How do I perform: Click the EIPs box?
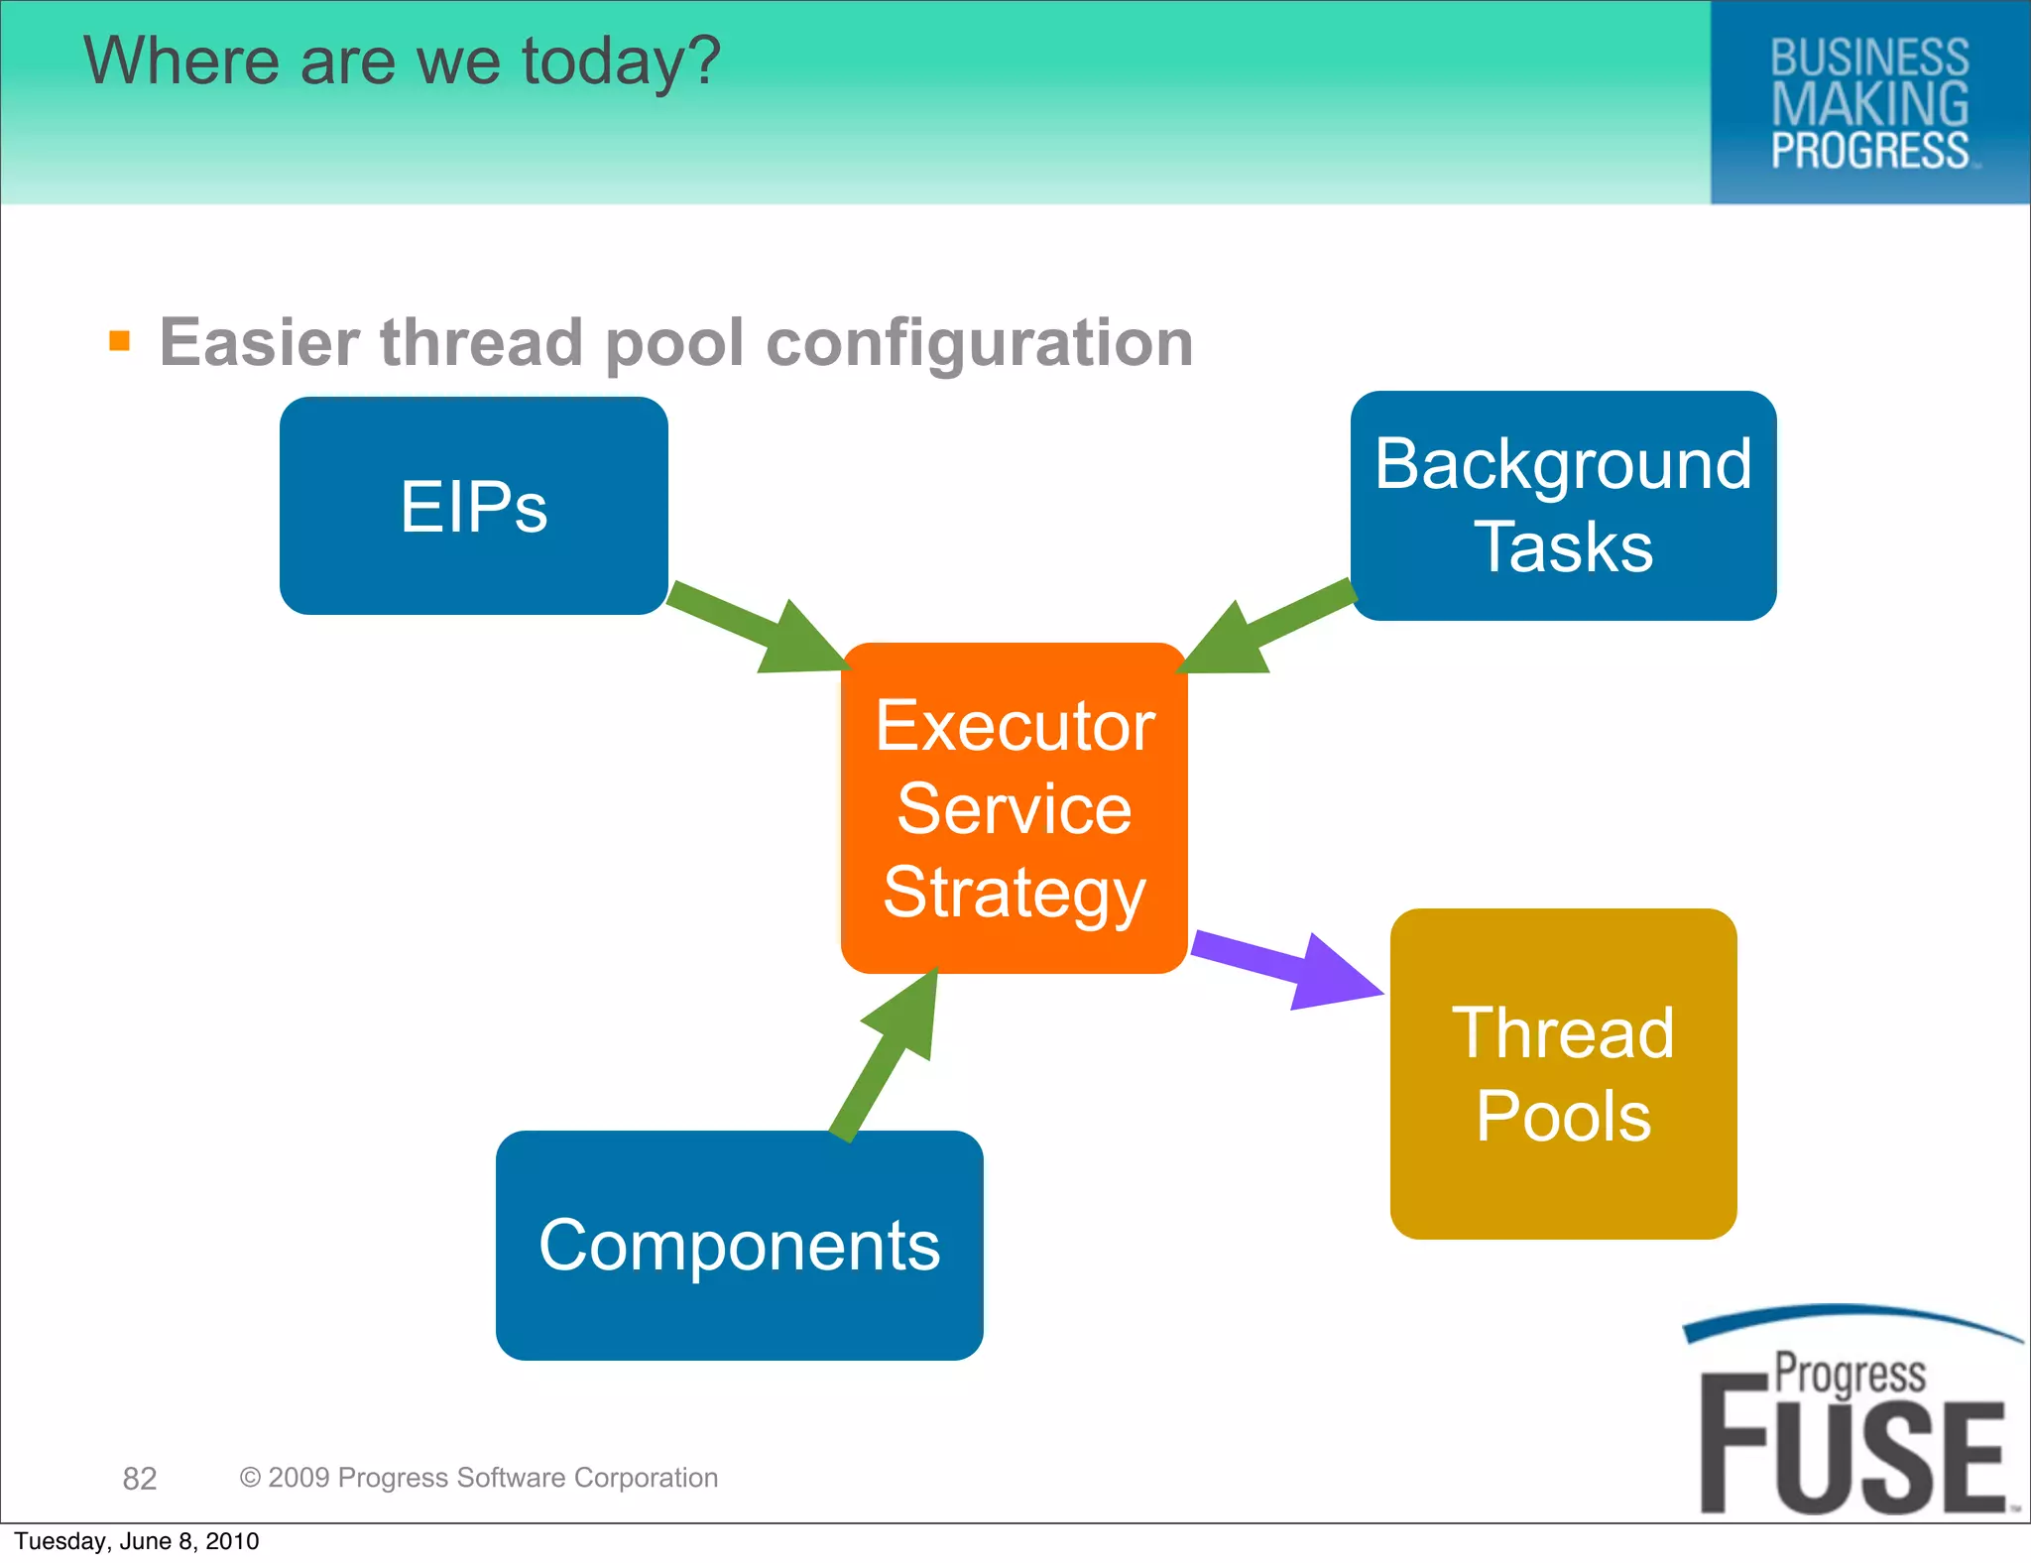click(473, 506)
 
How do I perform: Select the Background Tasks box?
click(1563, 506)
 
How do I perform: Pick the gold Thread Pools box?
click(1563, 1073)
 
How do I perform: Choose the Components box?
click(739, 1245)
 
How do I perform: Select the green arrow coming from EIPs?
click(759, 630)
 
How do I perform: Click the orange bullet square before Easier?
click(120, 341)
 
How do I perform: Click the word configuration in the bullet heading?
click(980, 343)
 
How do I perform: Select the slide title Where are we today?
click(402, 61)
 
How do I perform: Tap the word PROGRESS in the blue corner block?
click(1869, 151)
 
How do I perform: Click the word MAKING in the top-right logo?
click(1869, 104)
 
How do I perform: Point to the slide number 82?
click(140, 1479)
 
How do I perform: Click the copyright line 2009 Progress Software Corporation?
click(479, 1478)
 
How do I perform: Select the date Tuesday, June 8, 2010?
click(137, 1541)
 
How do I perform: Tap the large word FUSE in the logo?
click(1852, 1458)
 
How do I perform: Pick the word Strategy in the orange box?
click(1014, 893)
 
